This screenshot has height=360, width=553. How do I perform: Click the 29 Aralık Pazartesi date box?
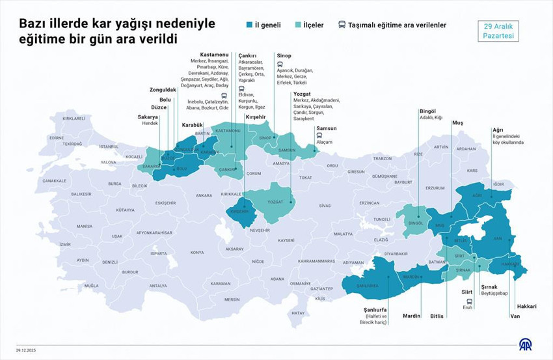point(498,31)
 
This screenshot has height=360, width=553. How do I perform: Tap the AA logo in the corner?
point(524,344)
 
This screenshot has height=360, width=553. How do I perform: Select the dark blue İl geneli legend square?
point(249,25)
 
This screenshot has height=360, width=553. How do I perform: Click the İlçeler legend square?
point(297,25)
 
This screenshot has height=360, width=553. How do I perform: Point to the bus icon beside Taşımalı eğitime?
point(342,25)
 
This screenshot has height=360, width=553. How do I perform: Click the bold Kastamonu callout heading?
point(214,55)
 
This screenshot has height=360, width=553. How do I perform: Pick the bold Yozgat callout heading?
point(302,94)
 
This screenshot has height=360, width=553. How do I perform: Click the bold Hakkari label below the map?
point(526,306)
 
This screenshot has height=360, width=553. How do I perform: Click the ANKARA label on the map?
point(204,195)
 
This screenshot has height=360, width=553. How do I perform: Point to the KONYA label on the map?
point(196,253)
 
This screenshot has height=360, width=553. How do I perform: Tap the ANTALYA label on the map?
point(157,286)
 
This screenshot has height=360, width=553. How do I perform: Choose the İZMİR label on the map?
point(64,244)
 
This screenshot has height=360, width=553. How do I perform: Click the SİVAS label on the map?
point(325,205)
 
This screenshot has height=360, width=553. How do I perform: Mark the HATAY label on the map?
point(298,313)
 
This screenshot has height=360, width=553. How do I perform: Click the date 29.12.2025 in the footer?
point(26,350)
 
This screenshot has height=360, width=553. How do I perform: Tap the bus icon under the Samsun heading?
point(319,135)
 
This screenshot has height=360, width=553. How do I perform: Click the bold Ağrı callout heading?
point(498,130)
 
